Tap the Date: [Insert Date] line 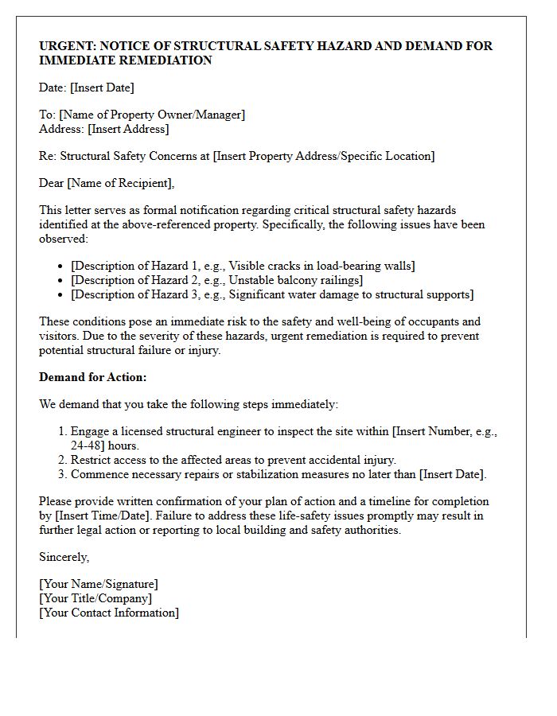click(87, 88)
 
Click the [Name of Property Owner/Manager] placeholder click(152, 115)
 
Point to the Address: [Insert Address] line click(104, 129)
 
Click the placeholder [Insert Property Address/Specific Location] click(324, 156)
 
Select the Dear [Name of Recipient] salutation click(107, 183)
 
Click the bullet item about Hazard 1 click(243, 266)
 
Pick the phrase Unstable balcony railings click(295, 280)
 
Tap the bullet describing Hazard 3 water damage click(272, 294)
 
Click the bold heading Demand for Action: click(93, 377)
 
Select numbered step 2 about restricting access click(233, 460)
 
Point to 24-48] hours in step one click(105, 446)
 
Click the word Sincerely click(64, 557)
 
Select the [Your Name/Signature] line click(99, 584)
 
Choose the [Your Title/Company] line click(95, 598)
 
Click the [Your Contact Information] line click(109, 613)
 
